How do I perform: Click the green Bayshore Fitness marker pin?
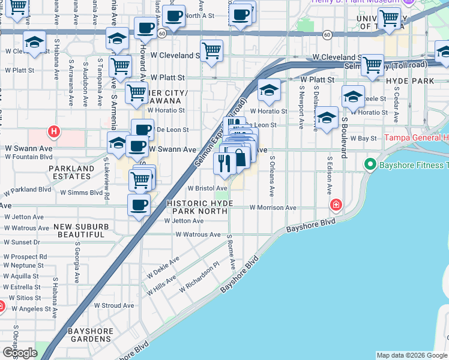[370, 164]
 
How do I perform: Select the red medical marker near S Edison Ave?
[336, 206]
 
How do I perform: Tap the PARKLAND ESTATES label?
[71, 173]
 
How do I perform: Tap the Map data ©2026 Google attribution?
[411, 355]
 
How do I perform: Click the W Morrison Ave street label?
[273, 208]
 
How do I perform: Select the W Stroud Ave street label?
[114, 305]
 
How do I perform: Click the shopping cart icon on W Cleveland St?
[211, 51]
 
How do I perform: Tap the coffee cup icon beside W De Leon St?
[142, 129]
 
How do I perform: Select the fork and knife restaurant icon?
[224, 163]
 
